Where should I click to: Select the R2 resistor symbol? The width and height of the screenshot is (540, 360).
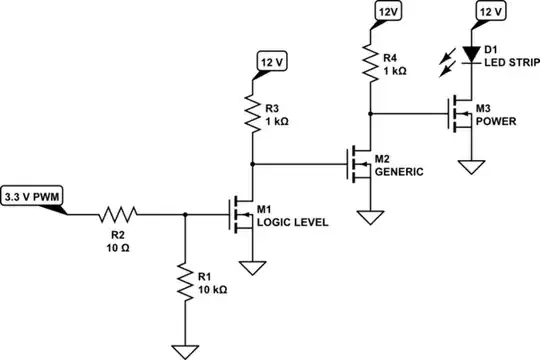118,213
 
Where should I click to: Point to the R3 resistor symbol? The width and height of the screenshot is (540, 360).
250,113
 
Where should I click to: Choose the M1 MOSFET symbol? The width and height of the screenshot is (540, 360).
241,213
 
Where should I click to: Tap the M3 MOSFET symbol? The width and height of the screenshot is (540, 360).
461,112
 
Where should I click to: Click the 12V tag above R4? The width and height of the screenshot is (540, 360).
386,11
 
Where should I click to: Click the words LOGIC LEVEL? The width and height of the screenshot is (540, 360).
292,222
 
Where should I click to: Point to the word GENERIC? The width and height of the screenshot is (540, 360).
400,171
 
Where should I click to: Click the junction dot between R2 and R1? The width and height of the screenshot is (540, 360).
185,213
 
